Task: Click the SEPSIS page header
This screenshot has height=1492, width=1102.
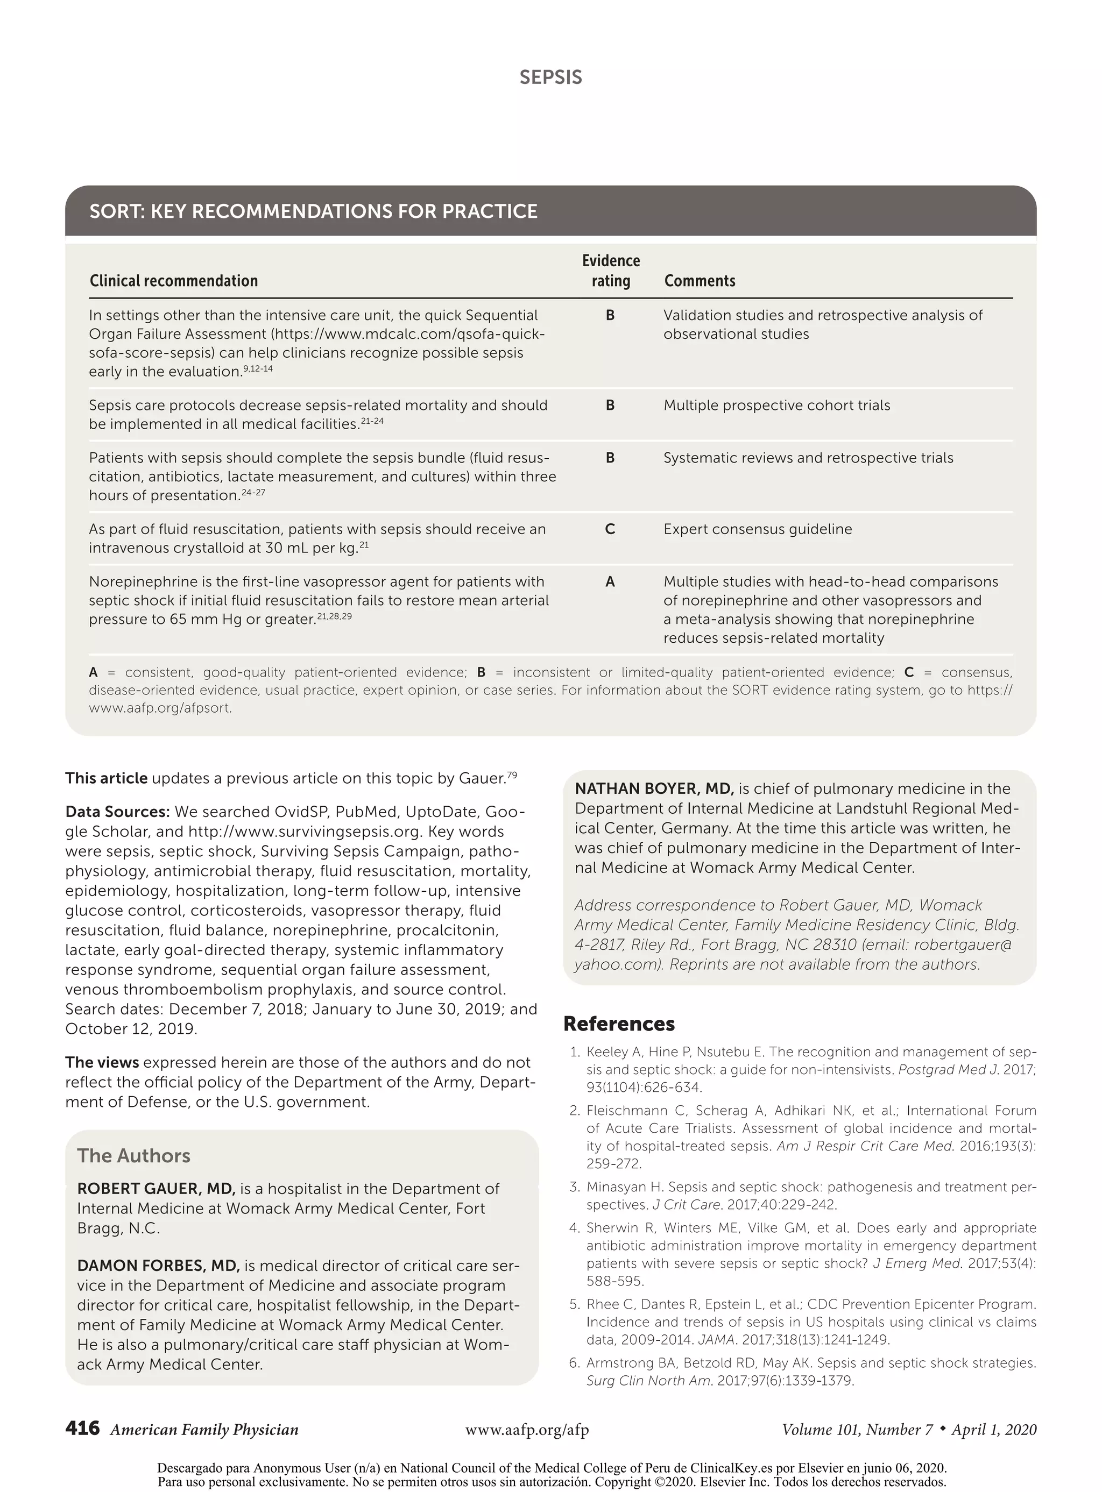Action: coord(550,77)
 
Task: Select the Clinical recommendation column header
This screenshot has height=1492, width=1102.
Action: coord(173,281)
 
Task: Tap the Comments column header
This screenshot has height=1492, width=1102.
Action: coord(699,281)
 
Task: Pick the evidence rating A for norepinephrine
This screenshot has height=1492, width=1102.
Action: coord(610,582)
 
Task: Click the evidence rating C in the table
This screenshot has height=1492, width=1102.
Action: coord(610,529)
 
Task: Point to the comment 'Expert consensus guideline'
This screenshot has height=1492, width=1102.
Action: coord(757,529)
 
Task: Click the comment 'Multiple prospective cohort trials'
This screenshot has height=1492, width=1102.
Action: coord(776,406)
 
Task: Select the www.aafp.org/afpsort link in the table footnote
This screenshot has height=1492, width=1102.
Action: coord(160,708)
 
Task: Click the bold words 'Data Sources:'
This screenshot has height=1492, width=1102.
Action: coord(117,812)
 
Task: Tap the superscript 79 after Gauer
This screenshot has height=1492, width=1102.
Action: coord(512,775)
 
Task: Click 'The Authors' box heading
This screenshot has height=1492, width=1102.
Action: coord(133,1155)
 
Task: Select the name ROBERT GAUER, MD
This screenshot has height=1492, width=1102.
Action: coord(156,1189)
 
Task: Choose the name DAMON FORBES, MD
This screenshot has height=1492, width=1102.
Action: coord(158,1266)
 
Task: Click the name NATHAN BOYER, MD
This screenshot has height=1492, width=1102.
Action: coord(654,788)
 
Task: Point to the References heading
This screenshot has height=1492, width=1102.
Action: coord(618,1024)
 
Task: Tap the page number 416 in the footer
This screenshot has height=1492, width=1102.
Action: coord(82,1428)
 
